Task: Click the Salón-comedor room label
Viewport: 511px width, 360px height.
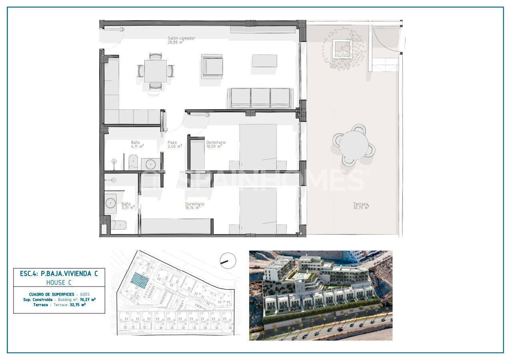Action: click(182, 38)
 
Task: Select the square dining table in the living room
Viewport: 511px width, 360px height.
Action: click(156, 71)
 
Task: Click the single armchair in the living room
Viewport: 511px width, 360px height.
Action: click(212, 65)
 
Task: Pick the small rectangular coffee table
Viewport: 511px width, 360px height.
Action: click(264, 61)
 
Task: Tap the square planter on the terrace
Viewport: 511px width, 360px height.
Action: click(343, 49)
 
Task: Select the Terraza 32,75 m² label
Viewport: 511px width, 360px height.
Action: click(361, 205)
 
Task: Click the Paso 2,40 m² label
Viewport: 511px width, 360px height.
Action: click(174, 144)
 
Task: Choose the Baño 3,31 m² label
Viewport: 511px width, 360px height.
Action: click(128, 206)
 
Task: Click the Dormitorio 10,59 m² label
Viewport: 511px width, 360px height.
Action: click(216, 144)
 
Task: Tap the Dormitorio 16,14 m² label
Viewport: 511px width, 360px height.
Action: click(195, 206)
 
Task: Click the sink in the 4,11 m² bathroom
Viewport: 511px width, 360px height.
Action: click(151, 164)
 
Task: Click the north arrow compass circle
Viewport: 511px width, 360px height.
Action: click(228, 261)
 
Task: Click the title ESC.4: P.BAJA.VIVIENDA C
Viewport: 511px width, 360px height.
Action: click(59, 274)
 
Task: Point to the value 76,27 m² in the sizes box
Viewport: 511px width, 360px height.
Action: click(87, 299)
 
